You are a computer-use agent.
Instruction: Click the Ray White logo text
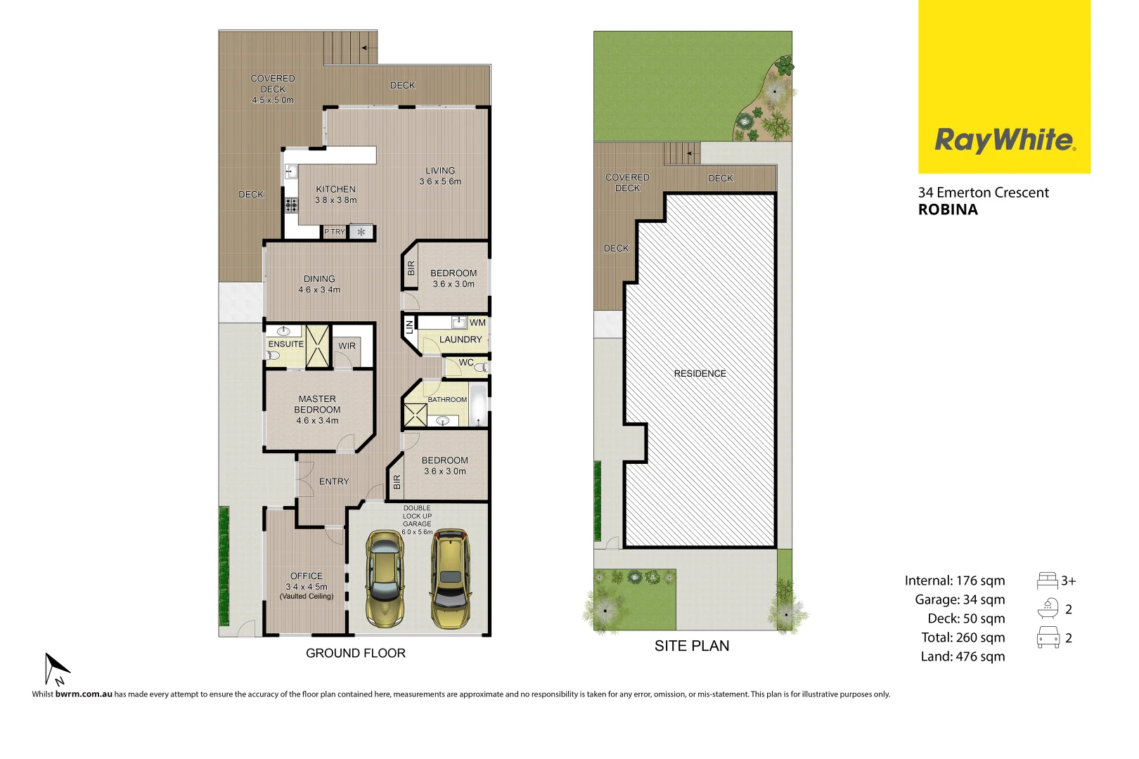1003,140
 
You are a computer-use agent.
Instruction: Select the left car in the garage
385,579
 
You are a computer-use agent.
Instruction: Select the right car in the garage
450,579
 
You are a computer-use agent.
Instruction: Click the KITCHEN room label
335,189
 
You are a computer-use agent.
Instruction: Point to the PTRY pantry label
335,232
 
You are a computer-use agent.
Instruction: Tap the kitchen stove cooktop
291,205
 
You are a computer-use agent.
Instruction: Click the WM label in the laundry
477,323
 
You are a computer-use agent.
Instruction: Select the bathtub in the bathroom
479,405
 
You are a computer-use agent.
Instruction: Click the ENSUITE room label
285,344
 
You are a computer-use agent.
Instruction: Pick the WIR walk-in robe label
347,346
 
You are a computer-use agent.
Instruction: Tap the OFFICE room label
307,576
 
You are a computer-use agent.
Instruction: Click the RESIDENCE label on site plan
700,373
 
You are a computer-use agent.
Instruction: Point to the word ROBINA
948,209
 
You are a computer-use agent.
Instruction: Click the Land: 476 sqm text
963,656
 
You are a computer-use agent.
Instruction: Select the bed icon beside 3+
1047,580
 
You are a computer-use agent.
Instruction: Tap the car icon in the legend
1048,637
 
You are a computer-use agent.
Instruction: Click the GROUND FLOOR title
355,653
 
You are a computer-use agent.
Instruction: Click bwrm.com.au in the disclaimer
84,694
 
